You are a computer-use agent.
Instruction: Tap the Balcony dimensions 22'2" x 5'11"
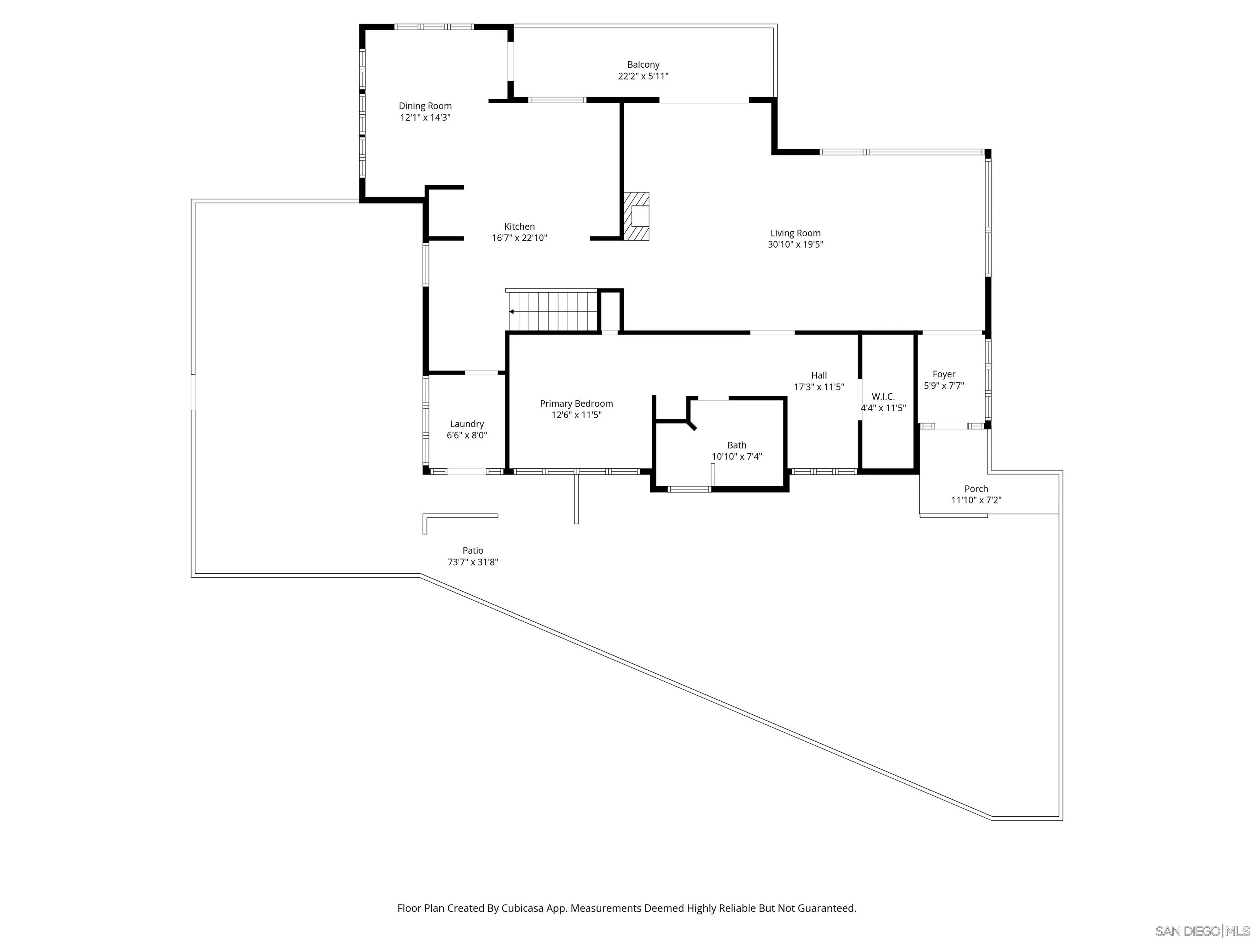click(643, 76)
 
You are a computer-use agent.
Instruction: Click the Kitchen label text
click(519, 227)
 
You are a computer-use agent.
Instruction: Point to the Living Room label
click(795, 233)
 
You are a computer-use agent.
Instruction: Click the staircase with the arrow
click(553, 311)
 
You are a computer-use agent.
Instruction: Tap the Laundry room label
click(467, 424)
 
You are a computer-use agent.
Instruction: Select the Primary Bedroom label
click(576, 403)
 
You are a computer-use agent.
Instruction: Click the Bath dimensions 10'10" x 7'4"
click(736, 457)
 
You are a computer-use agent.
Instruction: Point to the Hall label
click(818, 375)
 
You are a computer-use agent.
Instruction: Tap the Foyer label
click(943, 374)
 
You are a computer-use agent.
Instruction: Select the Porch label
click(976, 488)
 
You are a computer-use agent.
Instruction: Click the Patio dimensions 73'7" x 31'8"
click(472, 562)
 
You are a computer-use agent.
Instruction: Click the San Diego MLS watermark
click(1202, 931)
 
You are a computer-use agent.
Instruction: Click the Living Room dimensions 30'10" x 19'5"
click(795, 245)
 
